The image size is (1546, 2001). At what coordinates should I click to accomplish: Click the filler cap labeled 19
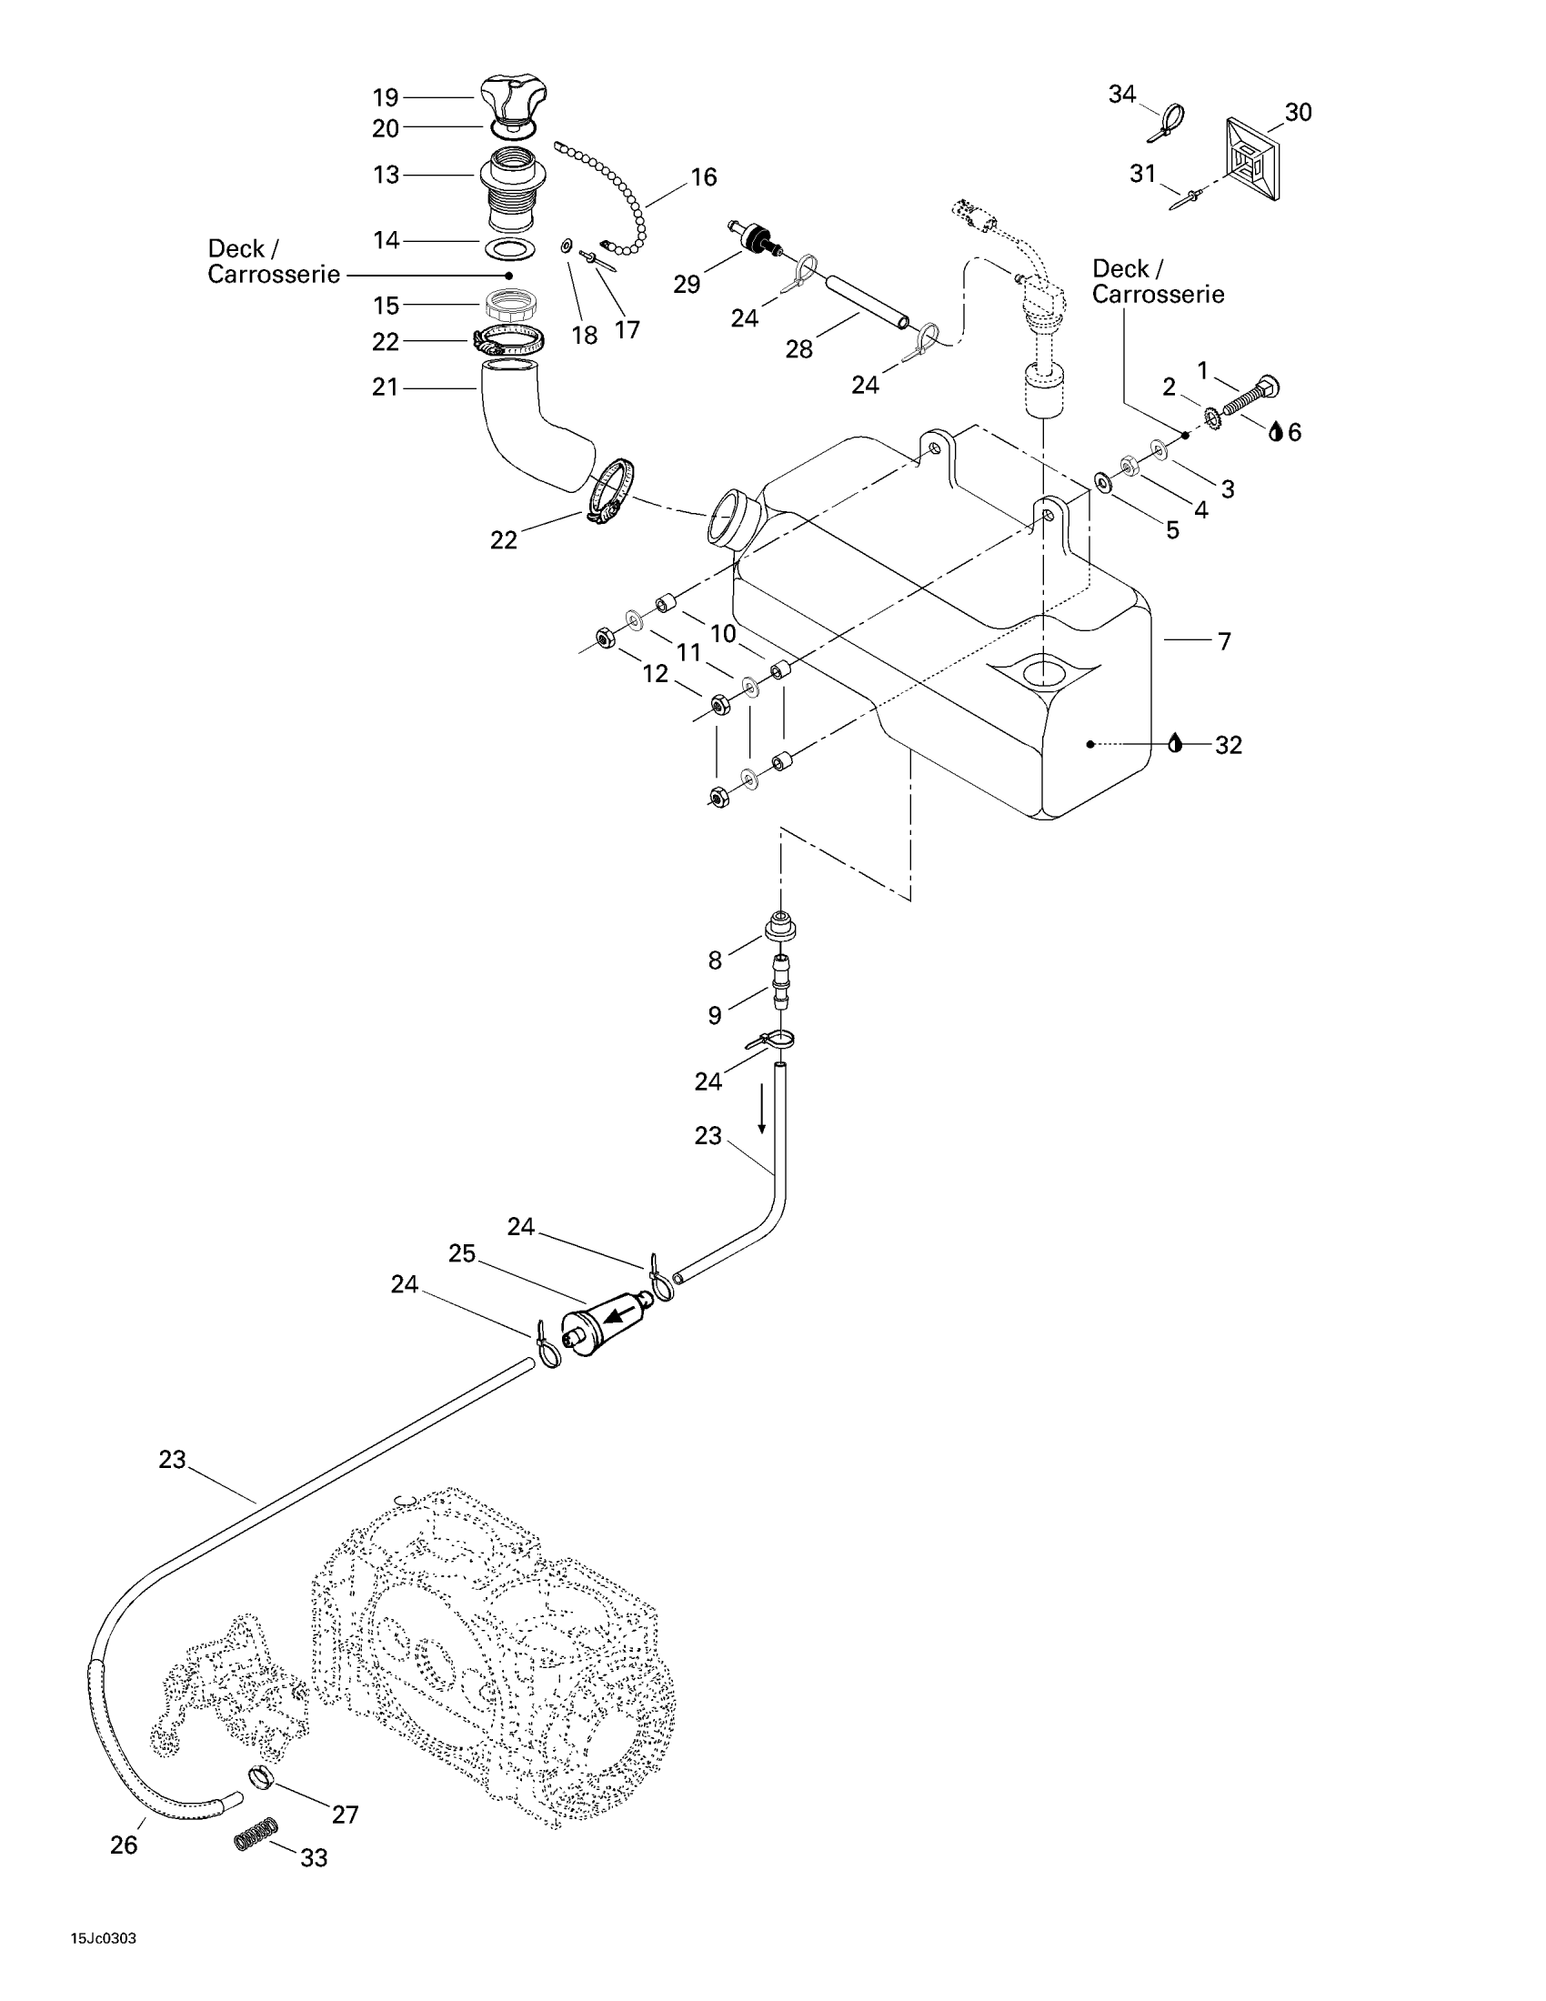[x=514, y=98]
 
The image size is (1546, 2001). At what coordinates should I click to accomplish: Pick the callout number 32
[x=1229, y=745]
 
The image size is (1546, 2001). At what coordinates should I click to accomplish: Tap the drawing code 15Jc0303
[x=105, y=1939]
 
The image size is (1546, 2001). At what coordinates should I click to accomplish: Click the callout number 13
[x=386, y=175]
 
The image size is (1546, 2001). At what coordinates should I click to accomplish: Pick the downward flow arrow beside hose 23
[x=762, y=1112]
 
